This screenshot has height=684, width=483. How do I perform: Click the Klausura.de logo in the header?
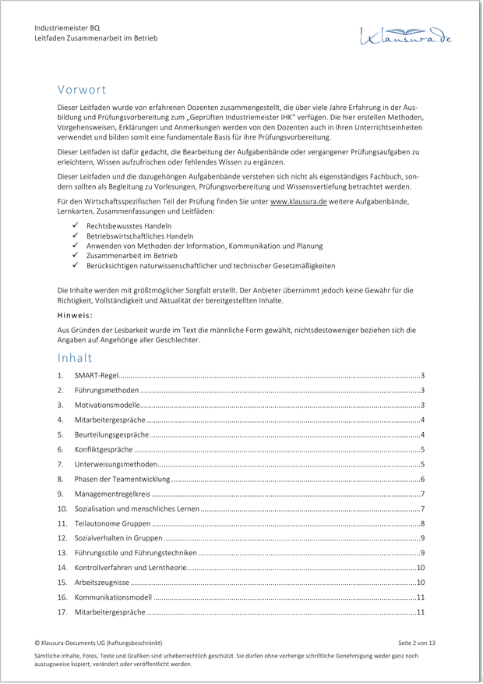tap(405, 35)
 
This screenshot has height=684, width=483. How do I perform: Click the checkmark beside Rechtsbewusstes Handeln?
tap(75, 225)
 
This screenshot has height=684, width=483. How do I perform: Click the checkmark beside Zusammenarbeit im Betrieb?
tap(75, 255)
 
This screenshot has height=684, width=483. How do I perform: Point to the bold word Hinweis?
tap(75, 315)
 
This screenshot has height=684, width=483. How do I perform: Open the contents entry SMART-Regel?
tap(97, 376)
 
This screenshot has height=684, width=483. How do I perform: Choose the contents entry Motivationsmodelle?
tap(108, 406)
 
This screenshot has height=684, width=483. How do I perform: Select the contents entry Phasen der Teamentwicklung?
tap(122, 479)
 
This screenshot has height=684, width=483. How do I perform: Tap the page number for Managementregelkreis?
tap(421, 494)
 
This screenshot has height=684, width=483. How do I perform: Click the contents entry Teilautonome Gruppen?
tap(113, 523)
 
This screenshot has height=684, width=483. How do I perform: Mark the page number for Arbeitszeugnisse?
tap(420, 583)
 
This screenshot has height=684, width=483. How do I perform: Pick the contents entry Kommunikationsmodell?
tap(113, 597)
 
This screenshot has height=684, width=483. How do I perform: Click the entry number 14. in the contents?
tap(62, 568)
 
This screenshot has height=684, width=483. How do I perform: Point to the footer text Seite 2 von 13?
tap(417, 643)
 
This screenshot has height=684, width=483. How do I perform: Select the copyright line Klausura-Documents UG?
tap(98, 643)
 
